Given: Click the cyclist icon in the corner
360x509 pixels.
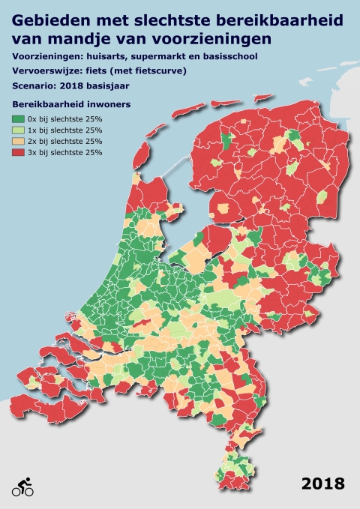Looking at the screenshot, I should [22, 487].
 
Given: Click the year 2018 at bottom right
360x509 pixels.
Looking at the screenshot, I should [323, 484].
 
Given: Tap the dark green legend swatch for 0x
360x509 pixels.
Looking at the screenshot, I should [17, 118].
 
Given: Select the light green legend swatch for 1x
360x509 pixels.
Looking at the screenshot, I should [17, 129].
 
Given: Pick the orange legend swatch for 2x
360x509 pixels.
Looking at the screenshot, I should [17, 140].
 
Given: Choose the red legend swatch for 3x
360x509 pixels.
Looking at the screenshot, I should [17, 151].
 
